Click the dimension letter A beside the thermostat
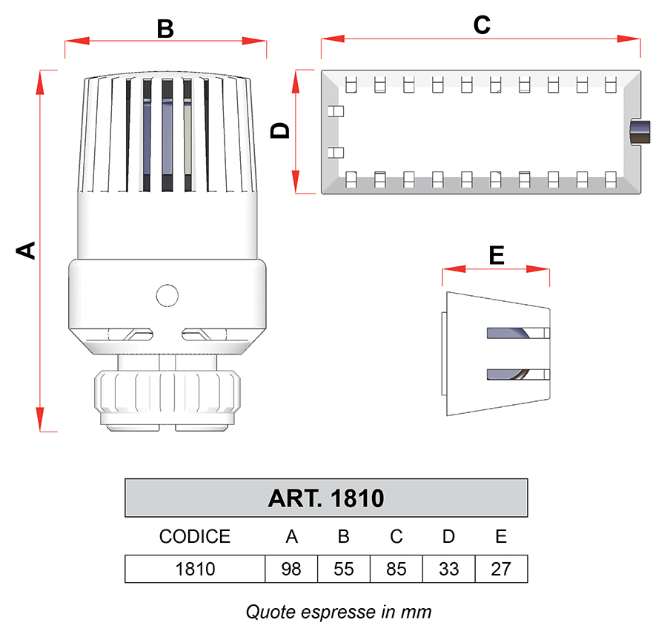pyautogui.click(x=26, y=251)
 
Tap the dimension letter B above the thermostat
pyautogui.click(x=165, y=29)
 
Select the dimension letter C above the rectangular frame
pyautogui.click(x=482, y=25)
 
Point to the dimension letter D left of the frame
pyautogui.click(x=280, y=131)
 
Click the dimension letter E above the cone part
pyautogui.click(x=497, y=255)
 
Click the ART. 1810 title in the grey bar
pyautogui.click(x=326, y=498)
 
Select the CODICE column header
pyautogui.click(x=195, y=536)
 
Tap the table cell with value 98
pyautogui.click(x=291, y=569)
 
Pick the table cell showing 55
pyautogui.click(x=344, y=569)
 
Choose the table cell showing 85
pyautogui.click(x=396, y=569)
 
